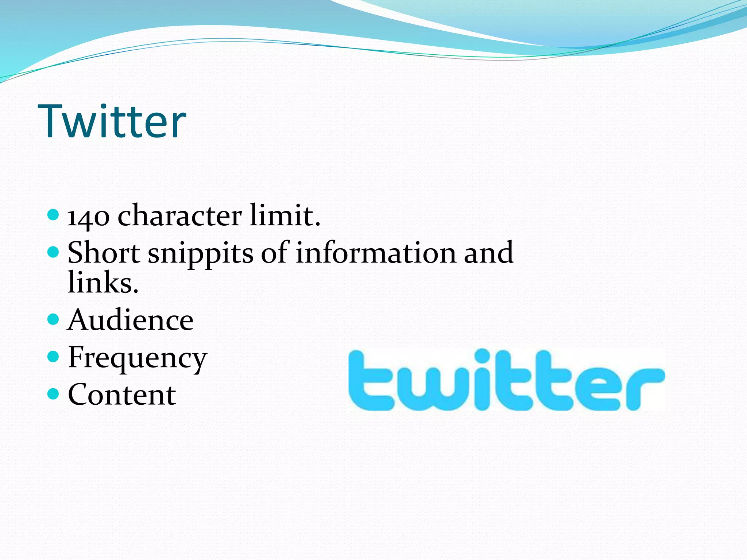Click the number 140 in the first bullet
tap(88, 216)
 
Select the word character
tap(179, 215)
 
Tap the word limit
tap(285, 215)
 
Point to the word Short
tap(104, 253)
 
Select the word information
tap(375, 253)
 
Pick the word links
tap(103, 283)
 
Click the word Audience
tap(130, 320)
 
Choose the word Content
tap(122, 394)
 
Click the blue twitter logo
tap(506, 380)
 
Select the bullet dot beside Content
tap(53, 394)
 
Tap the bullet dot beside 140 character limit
tap(53, 215)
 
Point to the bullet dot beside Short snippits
tap(53, 252)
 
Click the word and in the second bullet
tap(488, 253)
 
